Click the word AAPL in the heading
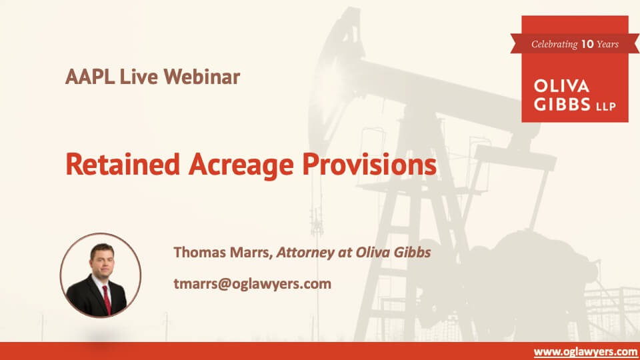point(90,77)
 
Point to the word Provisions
point(369,165)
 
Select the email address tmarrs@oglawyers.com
point(252,284)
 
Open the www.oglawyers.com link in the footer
point(585,352)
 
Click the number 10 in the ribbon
point(587,44)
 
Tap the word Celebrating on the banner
point(554,45)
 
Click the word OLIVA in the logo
point(561,86)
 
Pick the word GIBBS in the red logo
point(562,104)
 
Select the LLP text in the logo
point(606,107)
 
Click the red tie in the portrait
point(107,299)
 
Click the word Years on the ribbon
point(608,44)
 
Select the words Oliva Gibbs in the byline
point(393,252)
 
